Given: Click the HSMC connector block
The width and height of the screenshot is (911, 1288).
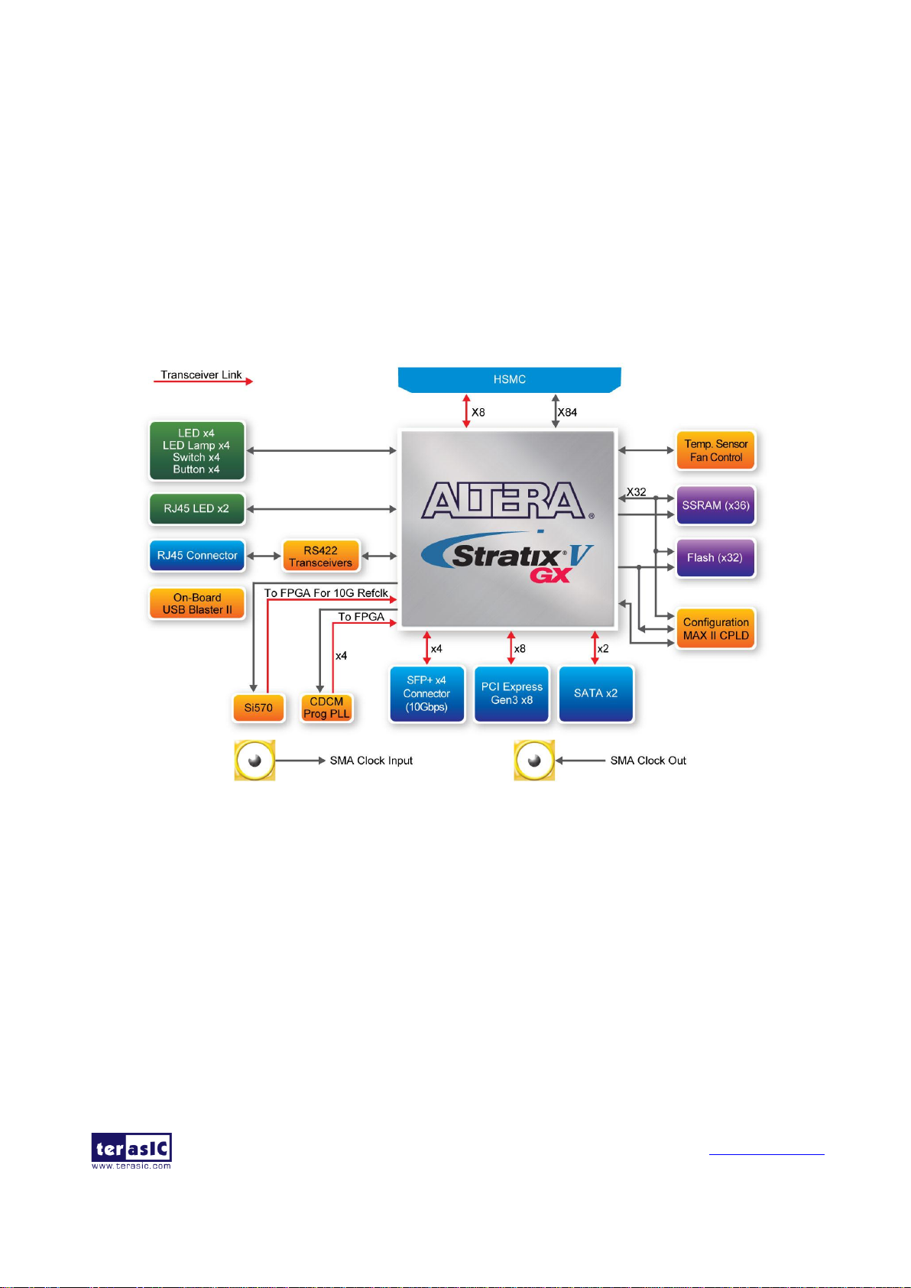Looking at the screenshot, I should (x=509, y=379).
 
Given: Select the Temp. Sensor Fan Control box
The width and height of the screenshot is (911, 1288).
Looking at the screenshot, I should (x=715, y=450).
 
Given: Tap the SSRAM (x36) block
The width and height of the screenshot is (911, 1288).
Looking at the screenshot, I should (x=715, y=505).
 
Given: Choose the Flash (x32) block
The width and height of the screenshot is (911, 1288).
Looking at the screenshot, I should (x=715, y=558).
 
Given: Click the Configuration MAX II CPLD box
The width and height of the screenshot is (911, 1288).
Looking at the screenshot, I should (x=715, y=628).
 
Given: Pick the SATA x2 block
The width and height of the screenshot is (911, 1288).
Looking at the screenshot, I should (x=595, y=693).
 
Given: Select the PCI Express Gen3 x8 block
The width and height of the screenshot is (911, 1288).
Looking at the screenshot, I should (x=511, y=693).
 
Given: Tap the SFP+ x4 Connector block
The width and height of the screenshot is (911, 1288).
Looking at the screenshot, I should (x=426, y=693).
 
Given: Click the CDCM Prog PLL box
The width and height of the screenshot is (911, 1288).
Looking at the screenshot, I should (x=326, y=708).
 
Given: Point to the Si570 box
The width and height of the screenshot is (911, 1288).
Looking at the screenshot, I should (x=258, y=708).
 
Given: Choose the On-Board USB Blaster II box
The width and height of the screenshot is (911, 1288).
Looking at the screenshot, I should (x=197, y=603).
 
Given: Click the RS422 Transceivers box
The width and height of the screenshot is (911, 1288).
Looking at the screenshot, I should (x=320, y=556).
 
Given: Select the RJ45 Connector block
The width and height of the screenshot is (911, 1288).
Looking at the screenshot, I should (x=197, y=556).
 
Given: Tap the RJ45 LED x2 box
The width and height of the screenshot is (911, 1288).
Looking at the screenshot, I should (x=196, y=508).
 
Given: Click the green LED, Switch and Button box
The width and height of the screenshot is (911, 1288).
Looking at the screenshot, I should (x=196, y=451).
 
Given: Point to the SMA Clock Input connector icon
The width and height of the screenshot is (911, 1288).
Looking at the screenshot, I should (x=254, y=760).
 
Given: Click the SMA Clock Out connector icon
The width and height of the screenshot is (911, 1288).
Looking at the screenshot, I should (x=534, y=760).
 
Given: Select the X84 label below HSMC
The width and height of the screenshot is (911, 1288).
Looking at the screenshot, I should (x=567, y=412).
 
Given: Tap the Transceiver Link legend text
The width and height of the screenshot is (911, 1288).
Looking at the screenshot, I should (x=201, y=375).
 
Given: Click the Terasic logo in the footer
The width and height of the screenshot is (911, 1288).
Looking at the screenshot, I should (x=131, y=1150).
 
